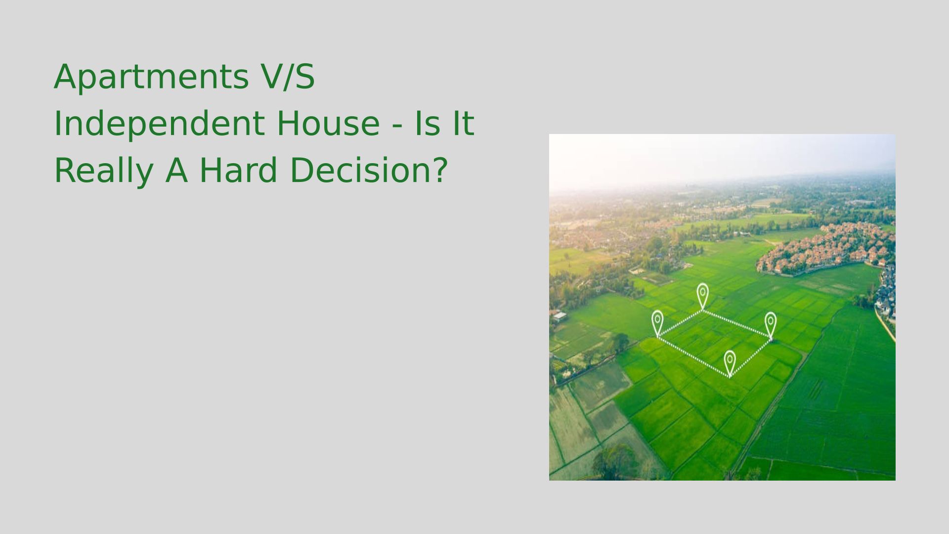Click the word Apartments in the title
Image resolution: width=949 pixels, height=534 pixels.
pyautogui.click(x=151, y=77)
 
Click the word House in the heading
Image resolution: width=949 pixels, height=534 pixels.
pyautogui.click(x=328, y=124)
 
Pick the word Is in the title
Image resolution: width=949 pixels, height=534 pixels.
pyautogui.click(x=427, y=124)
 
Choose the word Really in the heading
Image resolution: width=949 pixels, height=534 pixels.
pyautogui.click(x=103, y=172)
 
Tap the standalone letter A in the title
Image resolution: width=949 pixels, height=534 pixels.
pyautogui.click(x=176, y=170)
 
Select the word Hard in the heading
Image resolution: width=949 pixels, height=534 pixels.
pyautogui.click(x=238, y=170)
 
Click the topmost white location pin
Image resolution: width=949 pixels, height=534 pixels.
pyautogui.click(x=702, y=296)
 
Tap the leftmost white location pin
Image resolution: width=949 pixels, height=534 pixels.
pyautogui.click(x=657, y=323)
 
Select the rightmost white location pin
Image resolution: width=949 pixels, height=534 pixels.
pyautogui.click(x=771, y=325)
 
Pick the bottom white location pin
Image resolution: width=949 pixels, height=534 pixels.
pyautogui.click(x=730, y=362)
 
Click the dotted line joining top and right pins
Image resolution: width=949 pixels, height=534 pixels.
pyautogui.click(x=736, y=324)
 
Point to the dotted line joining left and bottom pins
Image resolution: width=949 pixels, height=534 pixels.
pyautogui.click(x=693, y=356)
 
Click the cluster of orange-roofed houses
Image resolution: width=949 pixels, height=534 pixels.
pyautogui.click(x=825, y=247)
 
